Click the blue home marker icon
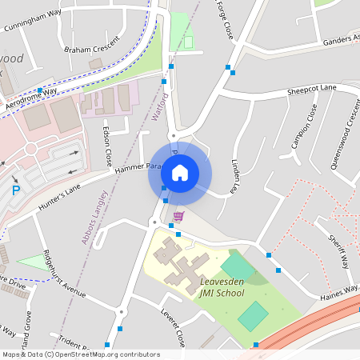tap(180, 172)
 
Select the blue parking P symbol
tap(15, 191)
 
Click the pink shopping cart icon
tap(178, 216)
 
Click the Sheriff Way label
tap(340, 252)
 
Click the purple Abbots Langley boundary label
tap(94, 217)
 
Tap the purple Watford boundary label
tap(160, 107)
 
